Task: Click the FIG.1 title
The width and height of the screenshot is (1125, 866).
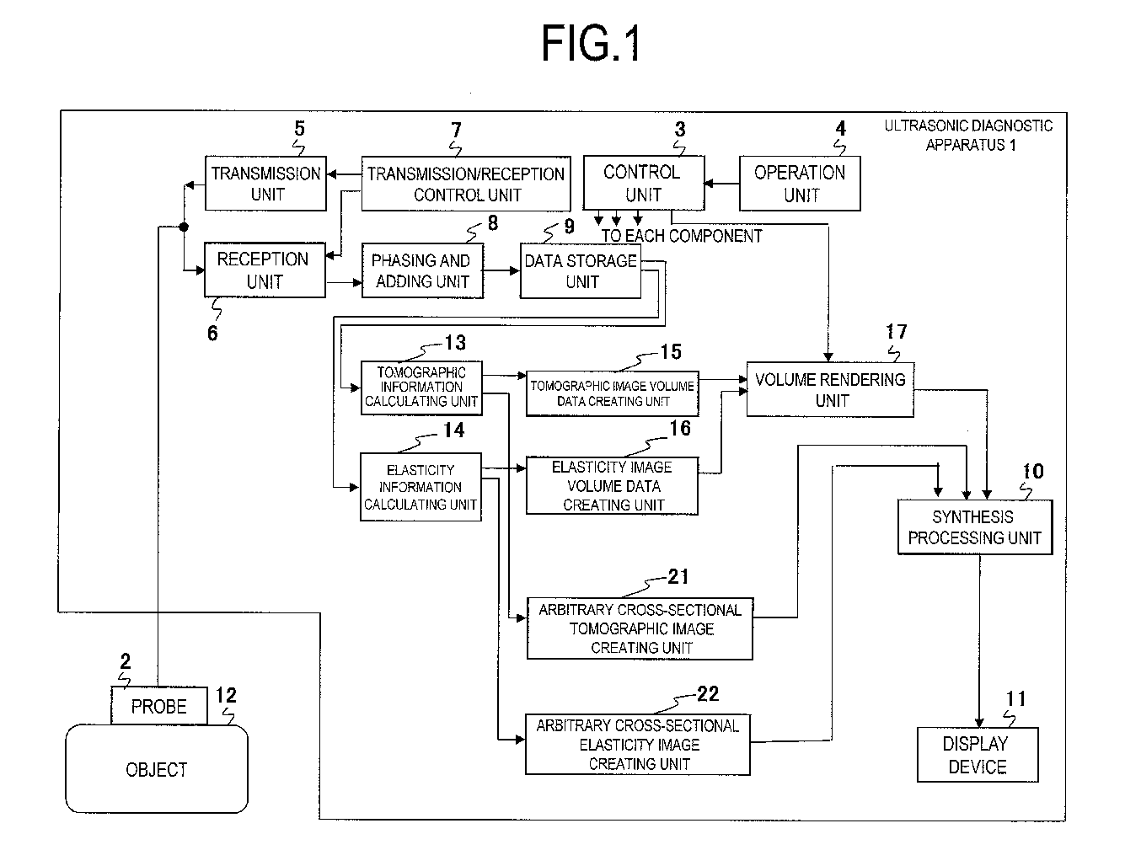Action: click(x=591, y=44)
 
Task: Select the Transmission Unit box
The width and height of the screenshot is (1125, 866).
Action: click(x=265, y=183)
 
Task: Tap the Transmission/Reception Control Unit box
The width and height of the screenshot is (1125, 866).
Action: click(x=466, y=184)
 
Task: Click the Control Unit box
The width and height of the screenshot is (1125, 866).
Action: click(x=644, y=183)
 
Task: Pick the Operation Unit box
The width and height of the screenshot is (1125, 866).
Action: click(x=800, y=183)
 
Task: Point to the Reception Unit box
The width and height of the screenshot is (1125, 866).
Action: click(x=265, y=270)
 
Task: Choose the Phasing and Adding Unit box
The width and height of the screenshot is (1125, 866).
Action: click(x=422, y=270)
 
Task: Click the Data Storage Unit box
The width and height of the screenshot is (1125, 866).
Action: click(x=581, y=271)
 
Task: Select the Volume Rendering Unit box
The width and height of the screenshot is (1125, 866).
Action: click(x=830, y=389)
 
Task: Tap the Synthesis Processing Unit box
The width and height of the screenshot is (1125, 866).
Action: click(x=975, y=527)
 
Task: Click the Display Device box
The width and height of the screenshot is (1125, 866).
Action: click(x=978, y=755)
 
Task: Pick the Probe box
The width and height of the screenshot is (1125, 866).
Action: click(x=159, y=706)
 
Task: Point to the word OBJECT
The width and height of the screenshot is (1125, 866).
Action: click(x=157, y=770)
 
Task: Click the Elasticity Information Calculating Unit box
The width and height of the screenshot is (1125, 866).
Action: click(x=421, y=487)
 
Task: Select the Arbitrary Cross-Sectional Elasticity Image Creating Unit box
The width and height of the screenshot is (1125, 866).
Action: click(x=638, y=745)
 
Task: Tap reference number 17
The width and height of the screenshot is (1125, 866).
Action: click(x=896, y=332)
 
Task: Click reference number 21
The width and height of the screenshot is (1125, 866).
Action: click(x=678, y=576)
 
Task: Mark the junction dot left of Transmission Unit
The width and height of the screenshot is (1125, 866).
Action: click(x=183, y=227)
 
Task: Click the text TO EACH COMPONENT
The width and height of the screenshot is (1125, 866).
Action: click(x=682, y=236)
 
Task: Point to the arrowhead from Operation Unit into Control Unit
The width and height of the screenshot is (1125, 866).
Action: click(x=709, y=183)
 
